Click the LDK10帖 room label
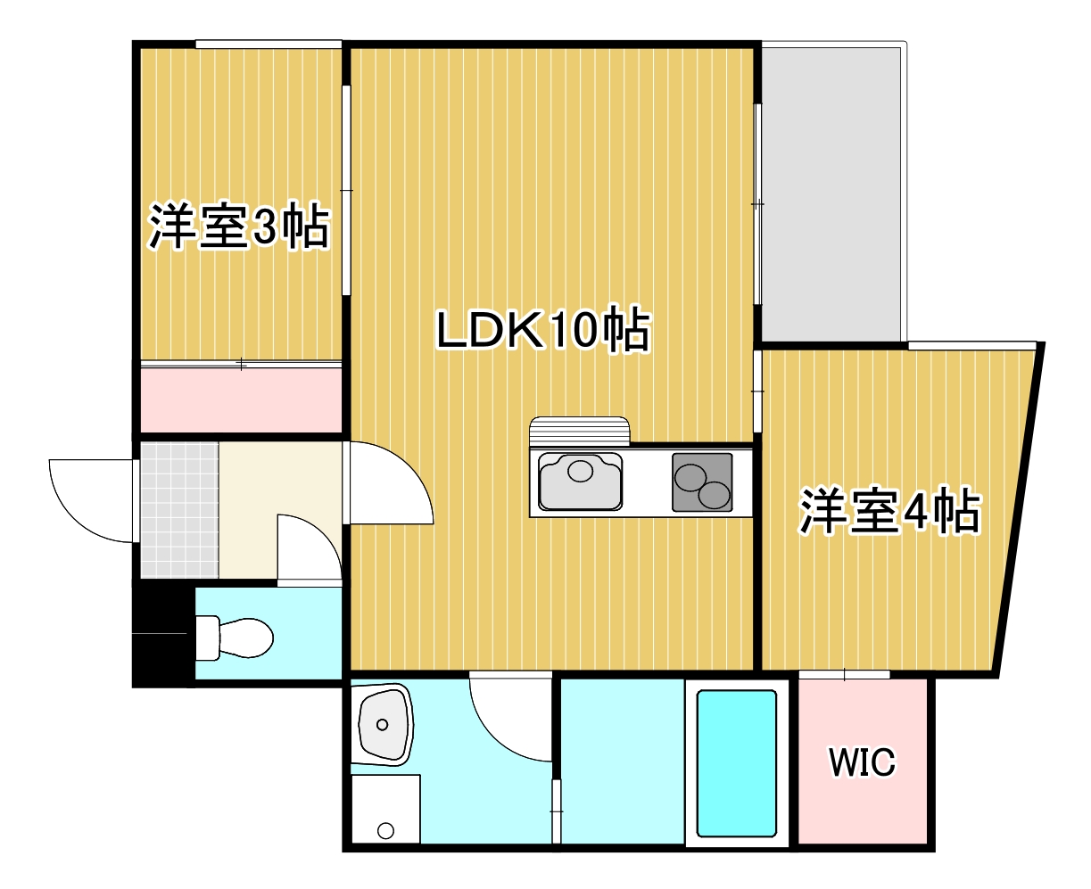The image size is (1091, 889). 542,331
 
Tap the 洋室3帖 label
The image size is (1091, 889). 239,227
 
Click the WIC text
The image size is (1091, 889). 861,763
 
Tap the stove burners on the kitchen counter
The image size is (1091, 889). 702,482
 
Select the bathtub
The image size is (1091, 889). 736,763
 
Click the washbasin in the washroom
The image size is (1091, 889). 384,725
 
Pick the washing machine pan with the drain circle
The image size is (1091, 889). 385,810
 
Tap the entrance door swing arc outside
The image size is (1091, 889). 89,499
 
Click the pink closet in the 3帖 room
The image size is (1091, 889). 241,399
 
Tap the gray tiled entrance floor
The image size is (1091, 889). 179,509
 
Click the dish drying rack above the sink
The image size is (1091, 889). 579,432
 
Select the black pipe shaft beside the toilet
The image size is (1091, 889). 162,635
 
